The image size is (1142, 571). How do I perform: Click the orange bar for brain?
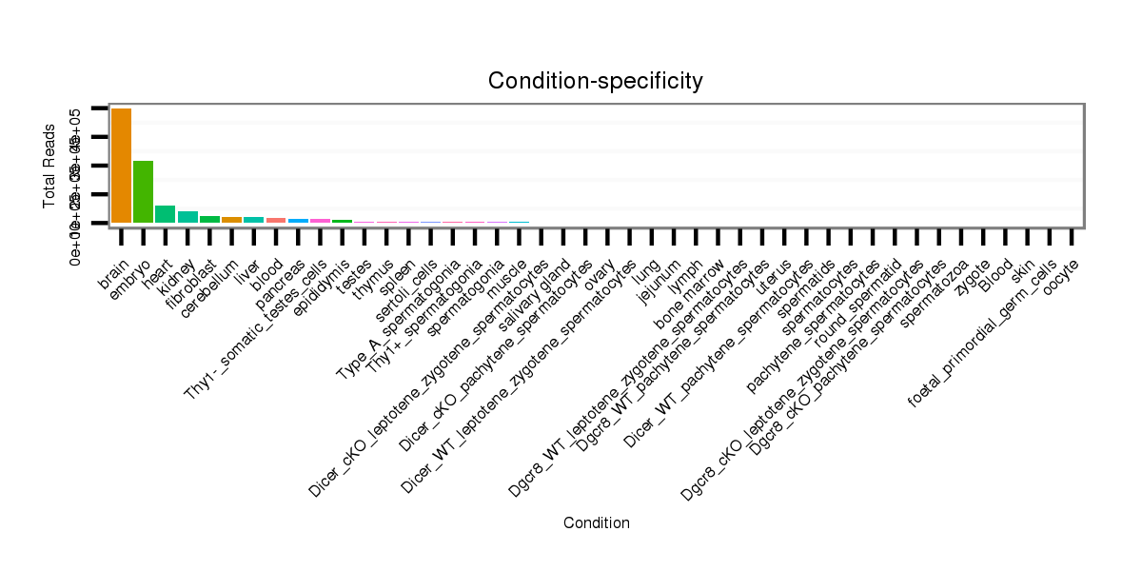point(121,166)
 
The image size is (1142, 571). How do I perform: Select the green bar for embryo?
point(144,191)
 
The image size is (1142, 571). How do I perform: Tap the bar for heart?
point(166,214)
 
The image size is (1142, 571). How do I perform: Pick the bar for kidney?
point(187,217)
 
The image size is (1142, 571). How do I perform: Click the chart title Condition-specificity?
point(596,81)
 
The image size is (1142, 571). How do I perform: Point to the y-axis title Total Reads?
point(49,167)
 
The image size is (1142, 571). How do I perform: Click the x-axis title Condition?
point(596,522)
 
